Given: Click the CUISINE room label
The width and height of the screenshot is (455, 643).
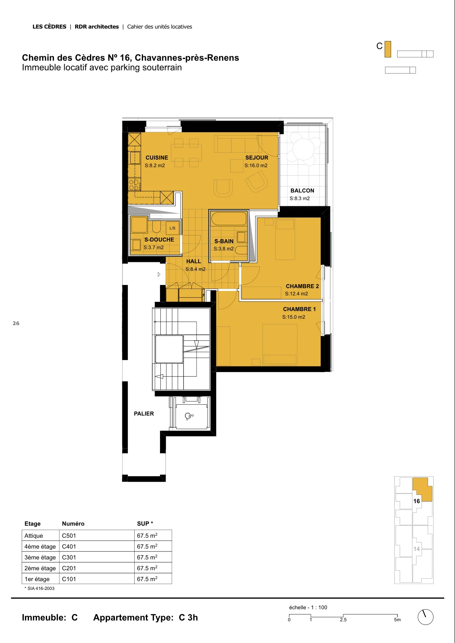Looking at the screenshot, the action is [x=157, y=158].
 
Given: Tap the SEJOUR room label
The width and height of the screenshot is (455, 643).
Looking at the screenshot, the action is [x=256, y=158].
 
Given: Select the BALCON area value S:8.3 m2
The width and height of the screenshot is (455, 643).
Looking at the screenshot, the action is [x=300, y=199].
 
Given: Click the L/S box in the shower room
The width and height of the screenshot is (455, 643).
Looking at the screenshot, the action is [x=172, y=228].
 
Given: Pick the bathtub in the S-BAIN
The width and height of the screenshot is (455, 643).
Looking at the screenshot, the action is [x=229, y=219].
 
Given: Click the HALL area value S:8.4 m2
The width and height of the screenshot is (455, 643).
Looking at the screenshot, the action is [x=195, y=269].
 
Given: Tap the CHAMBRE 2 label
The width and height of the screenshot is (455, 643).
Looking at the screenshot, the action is [x=302, y=286].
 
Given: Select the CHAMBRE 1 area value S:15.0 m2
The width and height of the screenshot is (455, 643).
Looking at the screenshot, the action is [x=294, y=317].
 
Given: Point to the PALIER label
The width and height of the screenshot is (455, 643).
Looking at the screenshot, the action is [x=144, y=414].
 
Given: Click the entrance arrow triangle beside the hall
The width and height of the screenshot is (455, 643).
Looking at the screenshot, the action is [x=159, y=274].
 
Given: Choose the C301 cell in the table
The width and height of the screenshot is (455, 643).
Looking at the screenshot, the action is [x=69, y=557].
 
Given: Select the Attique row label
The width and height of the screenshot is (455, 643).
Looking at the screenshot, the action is [x=34, y=536].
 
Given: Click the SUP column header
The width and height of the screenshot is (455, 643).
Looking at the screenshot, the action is [x=145, y=524].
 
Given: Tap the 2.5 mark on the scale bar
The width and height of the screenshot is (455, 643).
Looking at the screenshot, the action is [x=343, y=620].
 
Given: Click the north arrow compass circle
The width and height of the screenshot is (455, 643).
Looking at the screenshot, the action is [x=425, y=617].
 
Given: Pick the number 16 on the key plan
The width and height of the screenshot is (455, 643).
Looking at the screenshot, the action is [x=416, y=501].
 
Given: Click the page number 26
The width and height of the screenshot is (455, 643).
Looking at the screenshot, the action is [x=16, y=324].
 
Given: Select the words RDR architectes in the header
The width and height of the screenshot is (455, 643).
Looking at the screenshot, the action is [x=97, y=27].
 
